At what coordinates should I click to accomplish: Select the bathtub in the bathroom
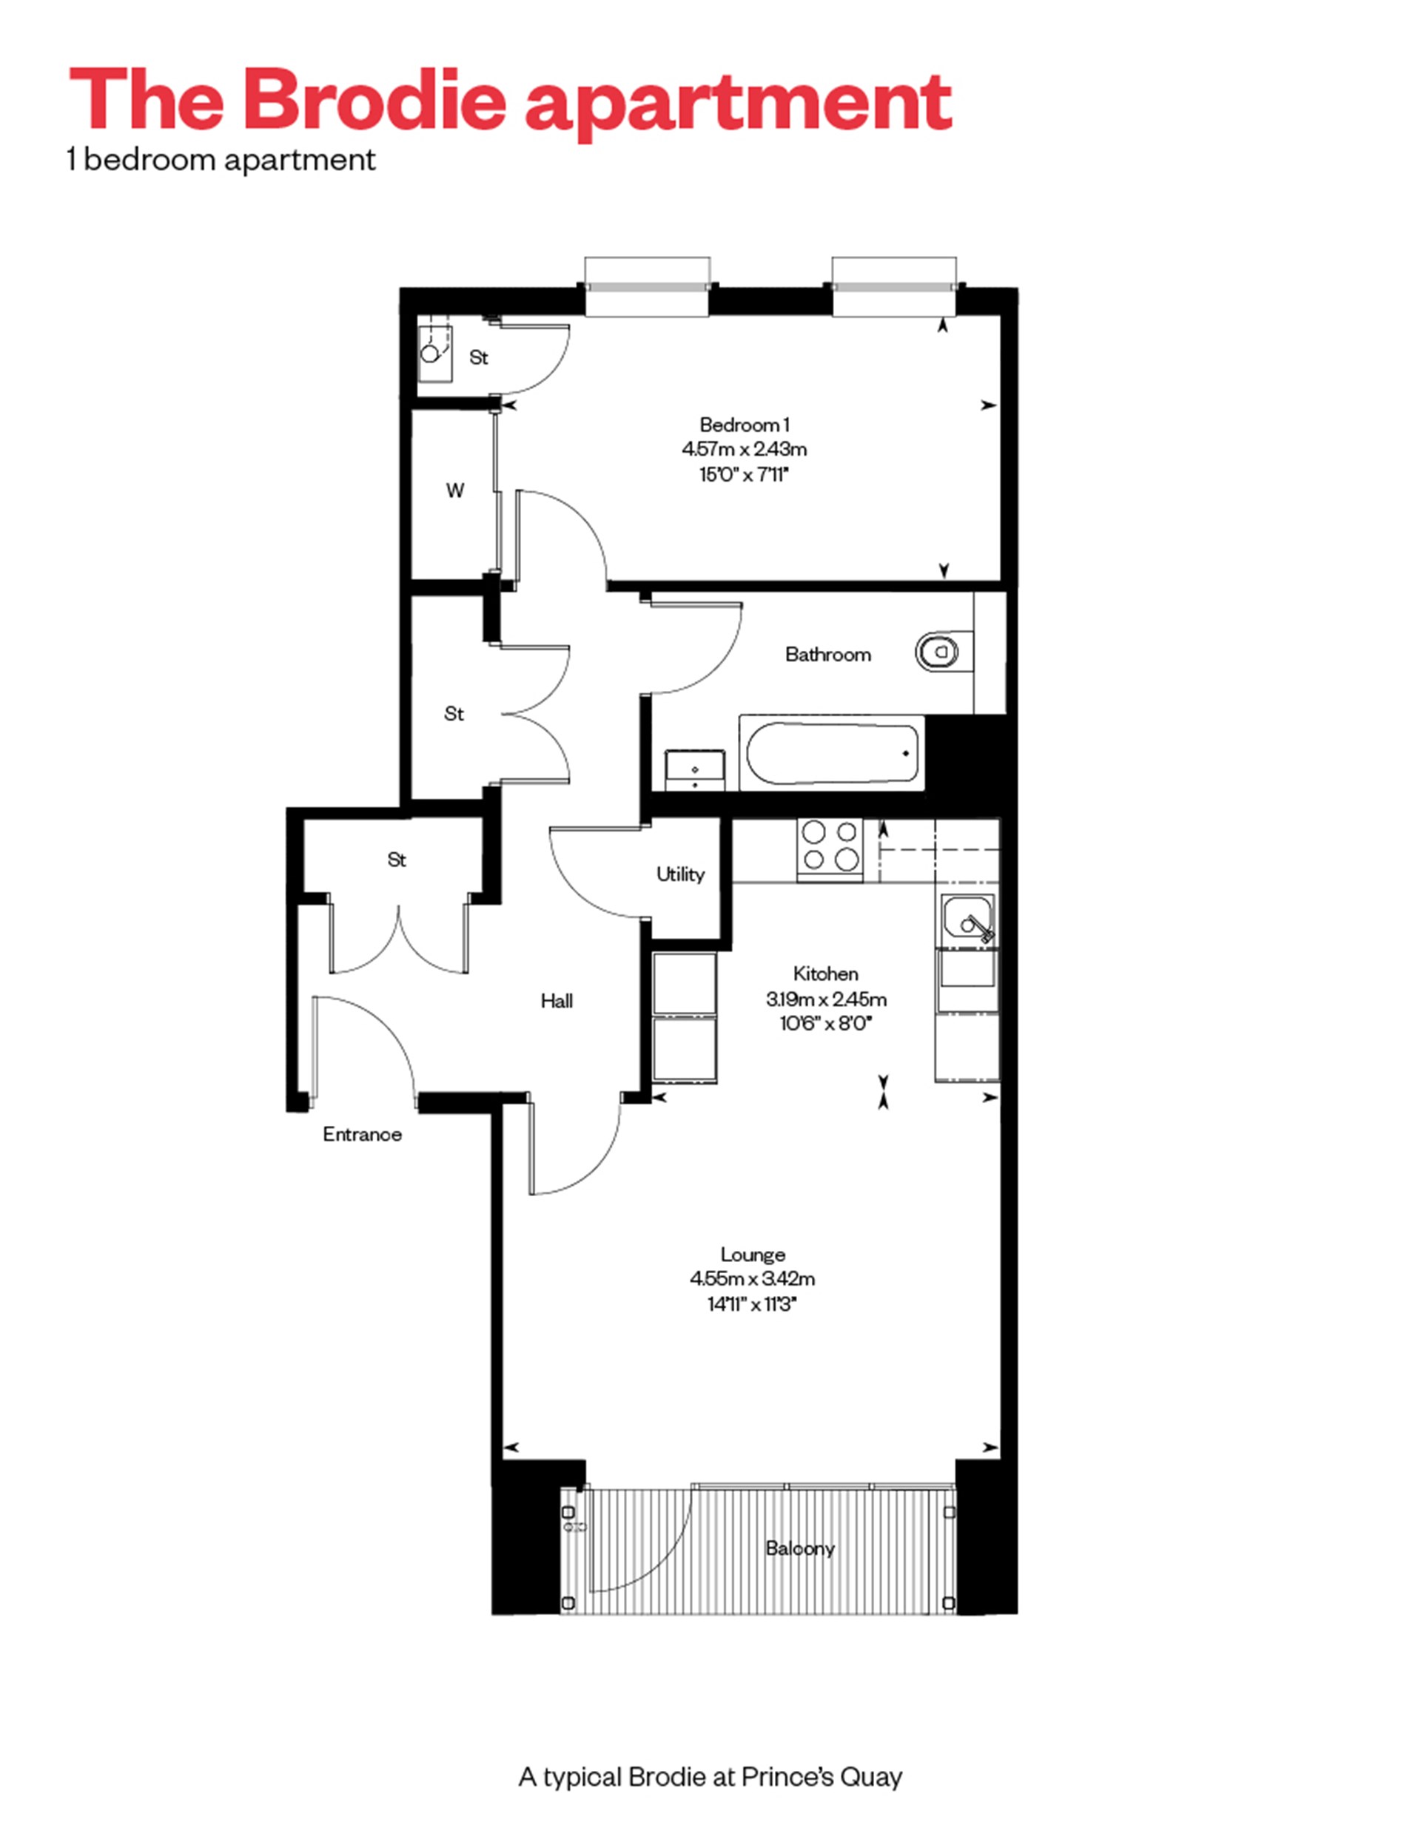(x=830, y=753)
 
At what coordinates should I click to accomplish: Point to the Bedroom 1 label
(x=744, y=425)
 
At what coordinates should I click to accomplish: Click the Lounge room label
(x=752, y=1254)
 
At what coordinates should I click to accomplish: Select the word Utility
(x=679, y=874)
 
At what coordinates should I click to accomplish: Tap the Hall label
(x=556, y=1000)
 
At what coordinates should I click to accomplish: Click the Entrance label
(x=361, y=1134)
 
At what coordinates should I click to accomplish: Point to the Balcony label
(x=799, y=1548)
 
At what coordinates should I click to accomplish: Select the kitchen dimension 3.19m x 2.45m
(x=825, y=999)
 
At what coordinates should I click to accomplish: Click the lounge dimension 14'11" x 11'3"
(x=752, y=1304)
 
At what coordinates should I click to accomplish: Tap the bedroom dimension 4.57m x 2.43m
(x=744, y=450)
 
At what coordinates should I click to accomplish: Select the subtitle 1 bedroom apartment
(x=221, y=160)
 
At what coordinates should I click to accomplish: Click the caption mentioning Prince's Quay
(x=710, y=1776)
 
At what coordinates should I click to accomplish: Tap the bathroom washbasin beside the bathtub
(x=695, y=769)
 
